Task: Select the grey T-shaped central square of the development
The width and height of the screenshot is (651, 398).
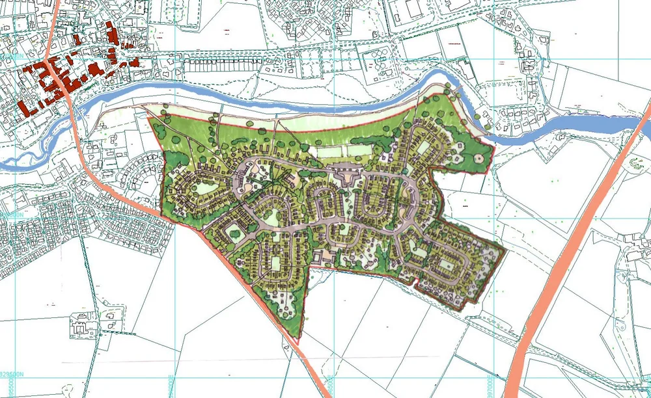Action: pos(345,174)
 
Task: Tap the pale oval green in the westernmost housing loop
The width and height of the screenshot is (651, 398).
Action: pos(204,188)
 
